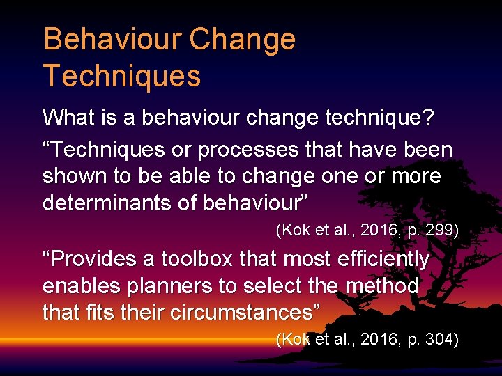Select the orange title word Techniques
pyautogui.click(x=122, y=75)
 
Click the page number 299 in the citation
pyautogui.click(x=436, y=230)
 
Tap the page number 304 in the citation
pyautogui.click(x=436, y=339)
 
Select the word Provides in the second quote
pyautogui.click(x=96, y=259)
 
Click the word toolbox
pyautogui.click(x=197, y=259)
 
